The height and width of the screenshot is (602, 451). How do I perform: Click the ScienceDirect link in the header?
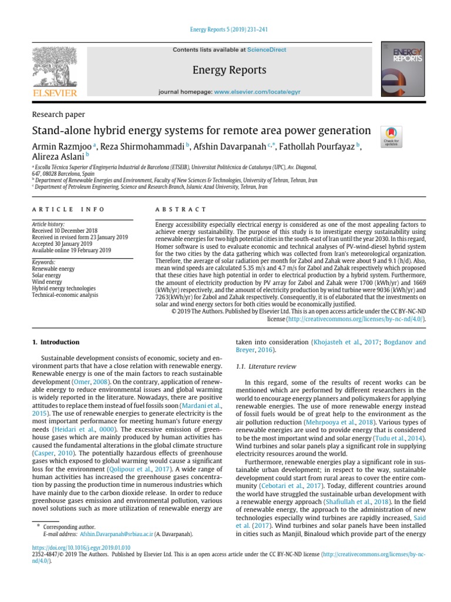tap(267, 50)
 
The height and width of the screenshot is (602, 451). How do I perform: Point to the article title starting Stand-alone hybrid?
tap(201, 131)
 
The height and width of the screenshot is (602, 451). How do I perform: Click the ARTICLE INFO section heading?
tap(68, 209)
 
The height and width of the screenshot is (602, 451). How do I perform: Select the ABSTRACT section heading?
tap(180, 209)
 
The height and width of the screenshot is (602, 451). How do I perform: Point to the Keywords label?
tap(44, 262)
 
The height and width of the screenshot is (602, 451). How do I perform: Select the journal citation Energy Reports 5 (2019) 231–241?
tap(225, 30)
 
